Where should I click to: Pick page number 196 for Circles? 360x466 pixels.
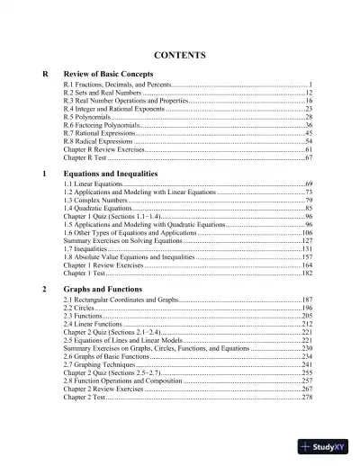click(x=306, y=308)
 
